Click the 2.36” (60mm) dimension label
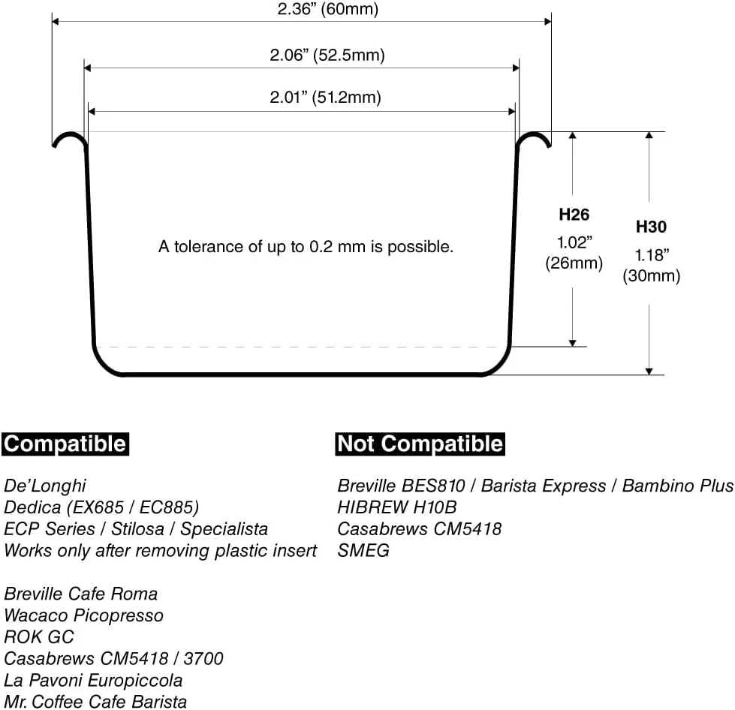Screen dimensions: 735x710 327,8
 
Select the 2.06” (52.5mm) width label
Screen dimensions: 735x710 327,55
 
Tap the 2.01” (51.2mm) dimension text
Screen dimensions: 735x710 325,97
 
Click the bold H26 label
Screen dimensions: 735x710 574,215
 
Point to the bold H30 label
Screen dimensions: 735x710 651,227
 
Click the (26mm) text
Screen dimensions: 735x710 574,263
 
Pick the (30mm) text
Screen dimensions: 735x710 651,275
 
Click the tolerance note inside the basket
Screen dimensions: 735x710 306,246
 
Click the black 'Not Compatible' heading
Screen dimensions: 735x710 420,444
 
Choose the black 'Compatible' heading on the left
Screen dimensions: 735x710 65,444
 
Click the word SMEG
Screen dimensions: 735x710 363,550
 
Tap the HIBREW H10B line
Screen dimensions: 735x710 397,507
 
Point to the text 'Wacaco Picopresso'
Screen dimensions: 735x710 83,615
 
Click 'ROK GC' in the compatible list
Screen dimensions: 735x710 39,637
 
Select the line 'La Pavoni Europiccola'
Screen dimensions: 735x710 93,680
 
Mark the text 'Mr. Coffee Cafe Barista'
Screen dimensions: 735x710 95,702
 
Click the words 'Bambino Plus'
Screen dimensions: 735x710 678,486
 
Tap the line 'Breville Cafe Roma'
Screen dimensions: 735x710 80,594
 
